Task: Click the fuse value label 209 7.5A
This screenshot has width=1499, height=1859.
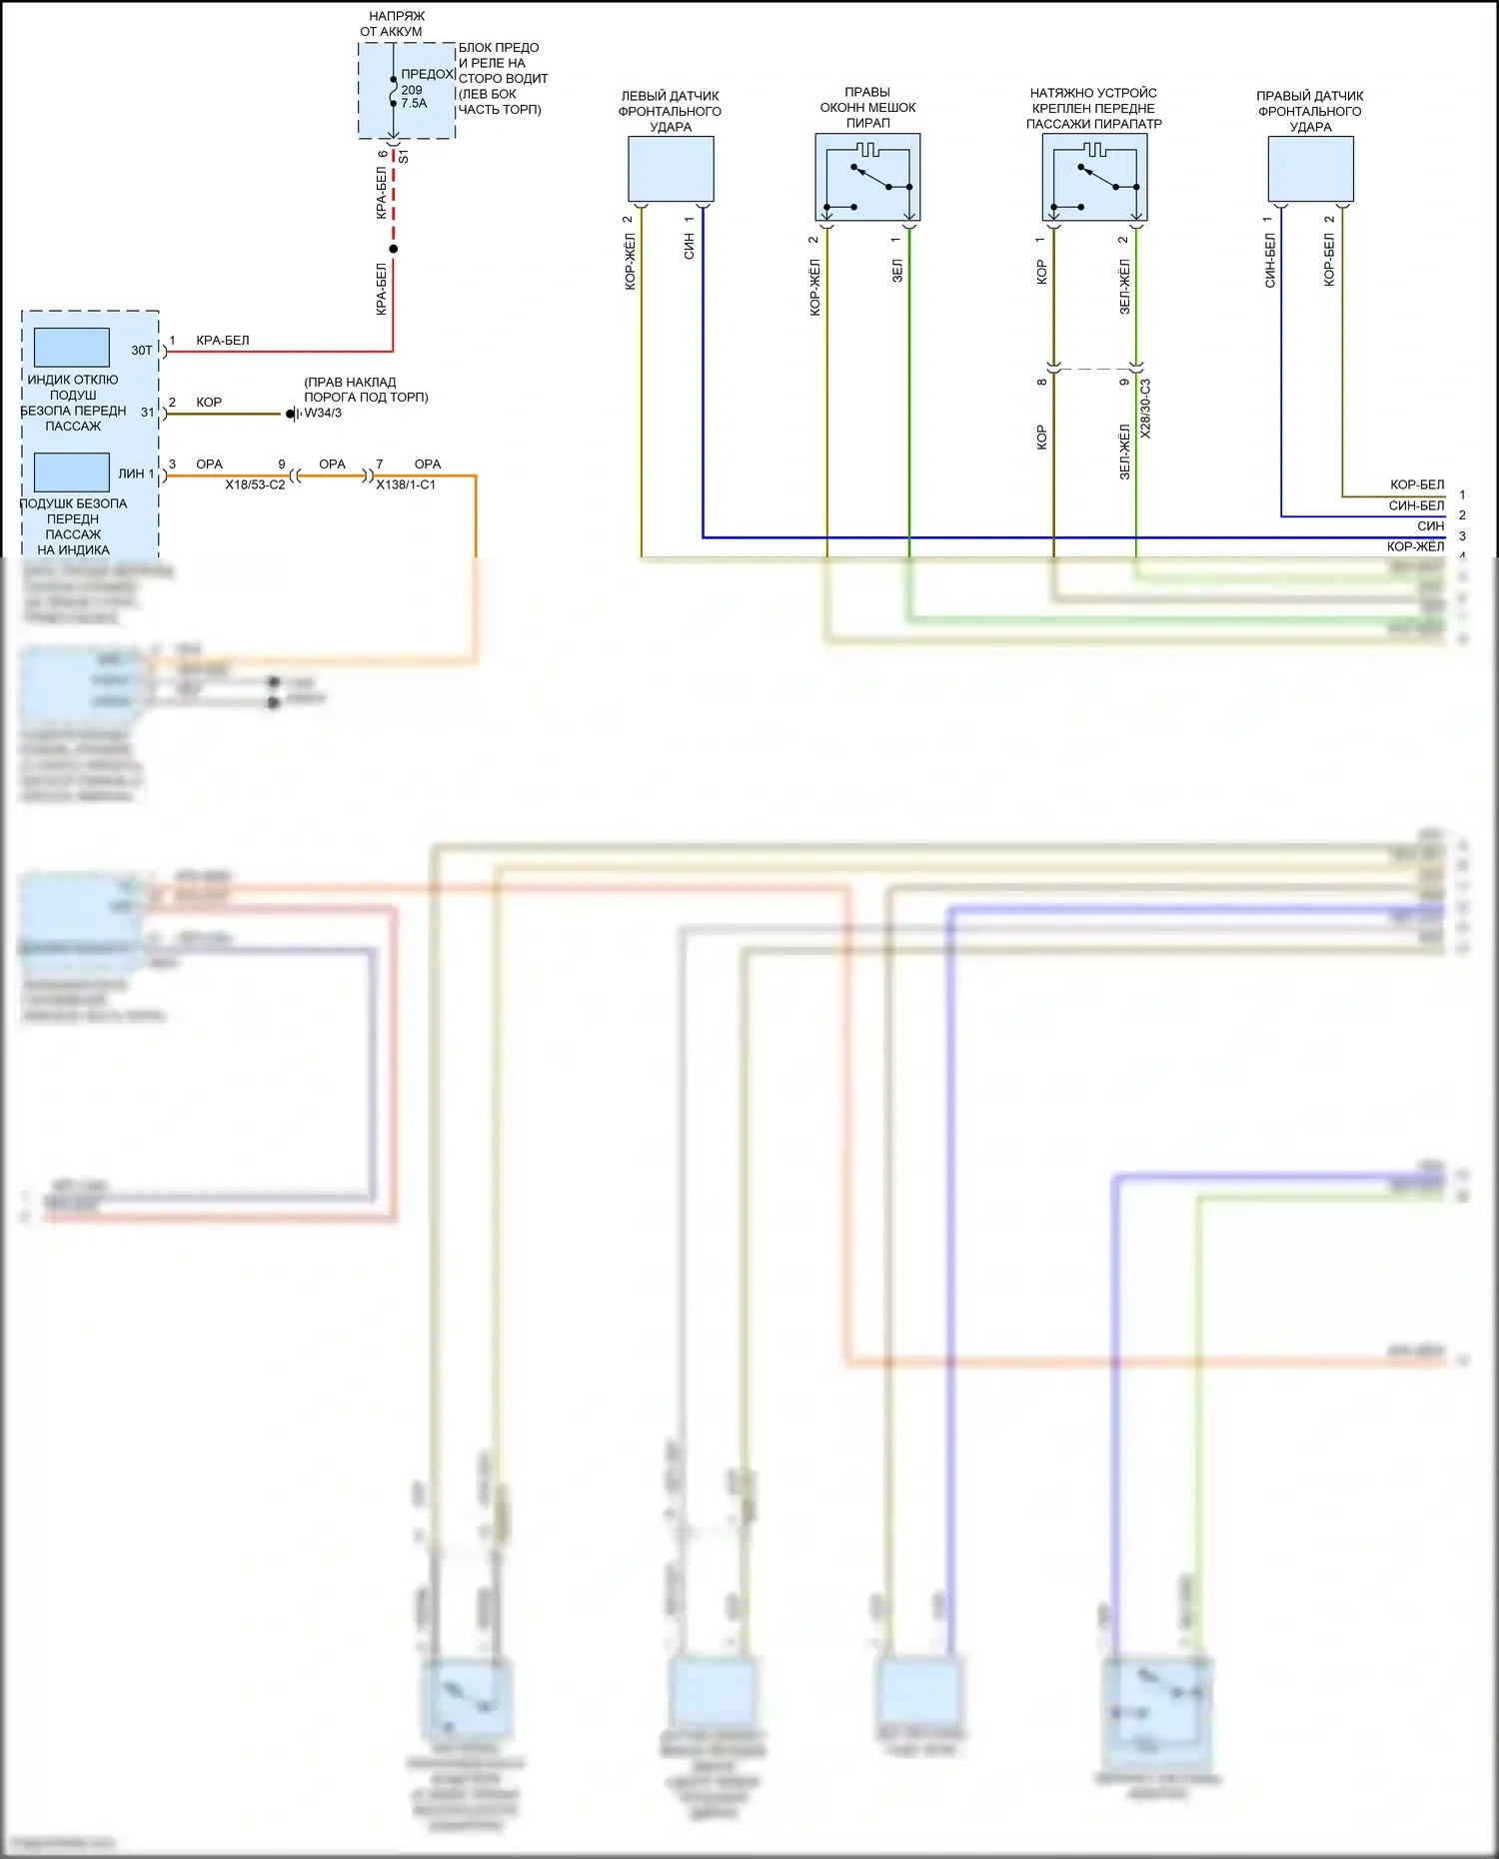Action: pyautogui.click(x=414, y=97)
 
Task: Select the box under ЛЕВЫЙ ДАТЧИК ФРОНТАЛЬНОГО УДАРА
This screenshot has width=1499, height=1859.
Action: pyautogui.click(x=671, y=169)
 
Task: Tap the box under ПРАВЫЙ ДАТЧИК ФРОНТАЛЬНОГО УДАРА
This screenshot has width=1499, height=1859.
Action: pyautogui.click(x=1310, y=169)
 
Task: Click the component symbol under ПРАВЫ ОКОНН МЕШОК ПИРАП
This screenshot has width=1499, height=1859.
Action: pyautogui.click(x=867, y=178)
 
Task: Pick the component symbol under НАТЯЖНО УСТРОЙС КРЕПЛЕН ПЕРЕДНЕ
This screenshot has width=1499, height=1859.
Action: pyautogui.click(x=1094, y=178)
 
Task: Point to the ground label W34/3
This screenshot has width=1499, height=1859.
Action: pyautogui.click(x=323, y=413)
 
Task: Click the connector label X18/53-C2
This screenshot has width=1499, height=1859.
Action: pyautogui.click(x=255, y=484)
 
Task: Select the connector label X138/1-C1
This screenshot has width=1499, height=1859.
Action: pyautogui.click(x=406, y=484)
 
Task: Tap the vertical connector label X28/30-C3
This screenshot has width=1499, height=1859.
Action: pyautogui.click(x=1145, y=409)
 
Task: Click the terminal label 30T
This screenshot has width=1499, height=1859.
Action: pyautogui.click(x=142, y=351)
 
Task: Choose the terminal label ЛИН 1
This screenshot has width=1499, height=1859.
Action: pyautogui.click(x=137, y=473)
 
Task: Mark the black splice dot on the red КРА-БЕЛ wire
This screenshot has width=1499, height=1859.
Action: pyautogui.click(x=394, y=249)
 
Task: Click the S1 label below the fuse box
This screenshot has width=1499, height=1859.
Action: pyautogui.click(x=404, y=156)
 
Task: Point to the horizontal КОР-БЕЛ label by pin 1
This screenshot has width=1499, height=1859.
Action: pyautogui.click(x=1417, y=484)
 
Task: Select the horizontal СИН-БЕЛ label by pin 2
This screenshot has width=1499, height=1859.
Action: pyautogui.click(x=1416, y=505)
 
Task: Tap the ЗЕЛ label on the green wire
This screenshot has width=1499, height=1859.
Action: pyautogui.click(x=897, y=270)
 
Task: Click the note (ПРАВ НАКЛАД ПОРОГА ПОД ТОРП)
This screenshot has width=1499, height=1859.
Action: pyautogui.click(x=366, y=390)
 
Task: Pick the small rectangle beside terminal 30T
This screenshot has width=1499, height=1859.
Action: pyautogui.click(x=72, y=348)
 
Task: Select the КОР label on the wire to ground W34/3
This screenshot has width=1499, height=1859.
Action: pyautogui.click(x=209, y=403)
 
